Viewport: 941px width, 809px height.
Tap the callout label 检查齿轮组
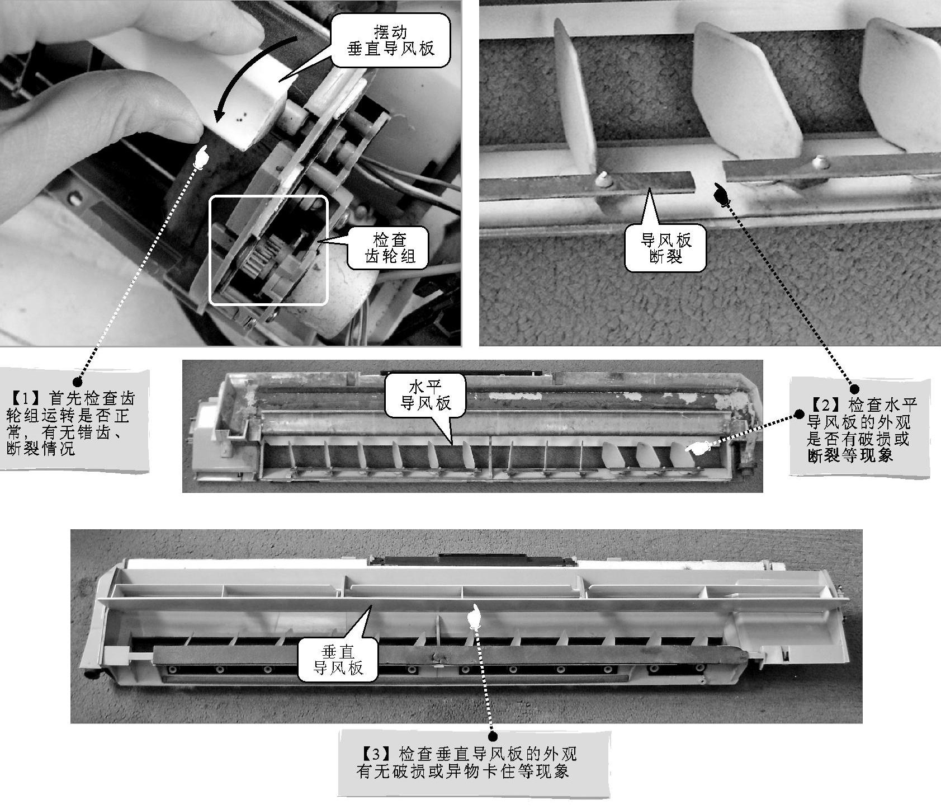(389, 248)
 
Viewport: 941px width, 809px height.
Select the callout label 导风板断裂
(665, 249)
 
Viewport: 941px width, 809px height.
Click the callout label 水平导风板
(425, 395)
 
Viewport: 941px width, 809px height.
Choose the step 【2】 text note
(860, 429)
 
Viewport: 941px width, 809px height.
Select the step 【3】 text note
(466, 762)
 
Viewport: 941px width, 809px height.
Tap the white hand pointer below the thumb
(201, 156)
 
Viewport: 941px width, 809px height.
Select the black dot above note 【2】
(854, 388)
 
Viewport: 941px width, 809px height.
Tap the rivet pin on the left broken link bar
(603, 178)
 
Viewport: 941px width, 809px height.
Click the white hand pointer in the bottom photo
(475, 616)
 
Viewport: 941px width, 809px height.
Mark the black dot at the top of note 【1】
(77, 381)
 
